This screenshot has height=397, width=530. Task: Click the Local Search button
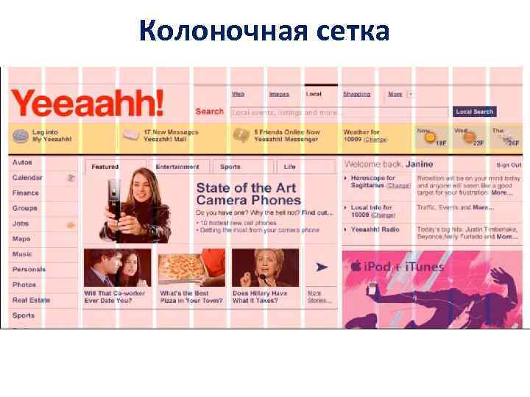(474, 112)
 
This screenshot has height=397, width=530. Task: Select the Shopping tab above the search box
(356, 94)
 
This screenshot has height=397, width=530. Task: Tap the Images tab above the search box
(279, 94)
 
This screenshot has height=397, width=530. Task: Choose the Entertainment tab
(177, 167)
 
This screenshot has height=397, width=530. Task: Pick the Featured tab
(105, 167)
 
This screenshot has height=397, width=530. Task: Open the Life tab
(290, 167)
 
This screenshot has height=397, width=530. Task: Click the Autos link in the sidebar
(22, 162)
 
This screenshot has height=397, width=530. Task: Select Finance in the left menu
(25, 193)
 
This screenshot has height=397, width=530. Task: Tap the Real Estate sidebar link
(31, 300)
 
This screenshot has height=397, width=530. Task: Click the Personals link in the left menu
(29, 270)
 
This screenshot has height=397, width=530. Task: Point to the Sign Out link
(508, 165)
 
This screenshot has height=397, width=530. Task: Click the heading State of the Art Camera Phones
(248, 194)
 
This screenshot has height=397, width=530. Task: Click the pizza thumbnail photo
(190, 268)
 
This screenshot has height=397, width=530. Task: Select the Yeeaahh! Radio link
(375, 230)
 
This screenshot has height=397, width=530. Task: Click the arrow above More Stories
(321, 268)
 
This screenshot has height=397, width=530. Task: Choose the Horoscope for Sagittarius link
(372, 178)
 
